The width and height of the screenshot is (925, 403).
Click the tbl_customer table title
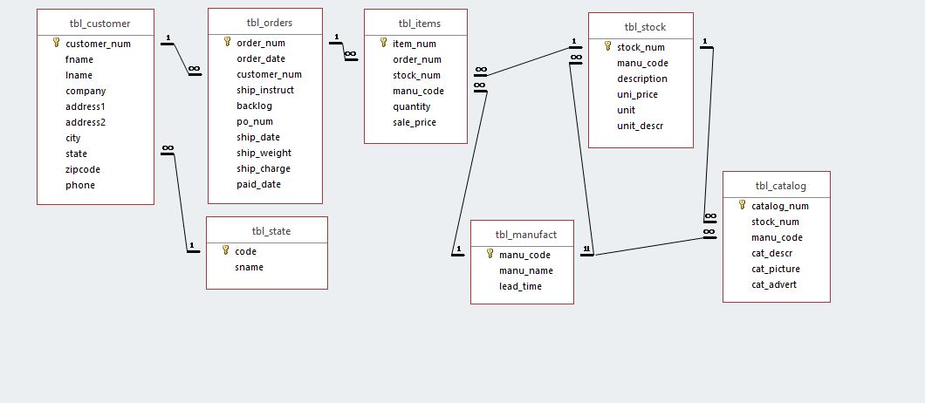[99, 23]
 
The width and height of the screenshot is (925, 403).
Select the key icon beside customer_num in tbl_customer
[56, 43]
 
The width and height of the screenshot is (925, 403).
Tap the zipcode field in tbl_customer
[83, 169]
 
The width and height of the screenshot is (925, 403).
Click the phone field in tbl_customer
[80, 185]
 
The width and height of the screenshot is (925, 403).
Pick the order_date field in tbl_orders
[260, 58]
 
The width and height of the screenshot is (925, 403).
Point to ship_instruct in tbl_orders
[265, 90]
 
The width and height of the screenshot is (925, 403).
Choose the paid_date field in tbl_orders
[258, 184]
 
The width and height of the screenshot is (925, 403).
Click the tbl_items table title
[415, 23]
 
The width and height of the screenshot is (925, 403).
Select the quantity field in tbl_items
[412, 106]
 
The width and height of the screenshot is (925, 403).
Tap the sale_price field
[415, 122]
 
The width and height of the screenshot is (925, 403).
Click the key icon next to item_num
[383, 43]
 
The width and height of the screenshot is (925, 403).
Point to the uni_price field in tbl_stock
[637, 94]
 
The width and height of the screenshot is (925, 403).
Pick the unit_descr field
[640, 126]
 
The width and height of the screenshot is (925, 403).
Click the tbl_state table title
[271, 231]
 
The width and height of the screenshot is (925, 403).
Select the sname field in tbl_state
[249, 267]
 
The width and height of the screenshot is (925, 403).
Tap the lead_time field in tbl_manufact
[520, 286]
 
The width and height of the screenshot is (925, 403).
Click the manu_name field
[525, 270]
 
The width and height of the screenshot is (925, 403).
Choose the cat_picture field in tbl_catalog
[776, 269]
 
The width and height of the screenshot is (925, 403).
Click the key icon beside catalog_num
[742, 206]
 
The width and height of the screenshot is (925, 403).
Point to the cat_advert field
[774, 284]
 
